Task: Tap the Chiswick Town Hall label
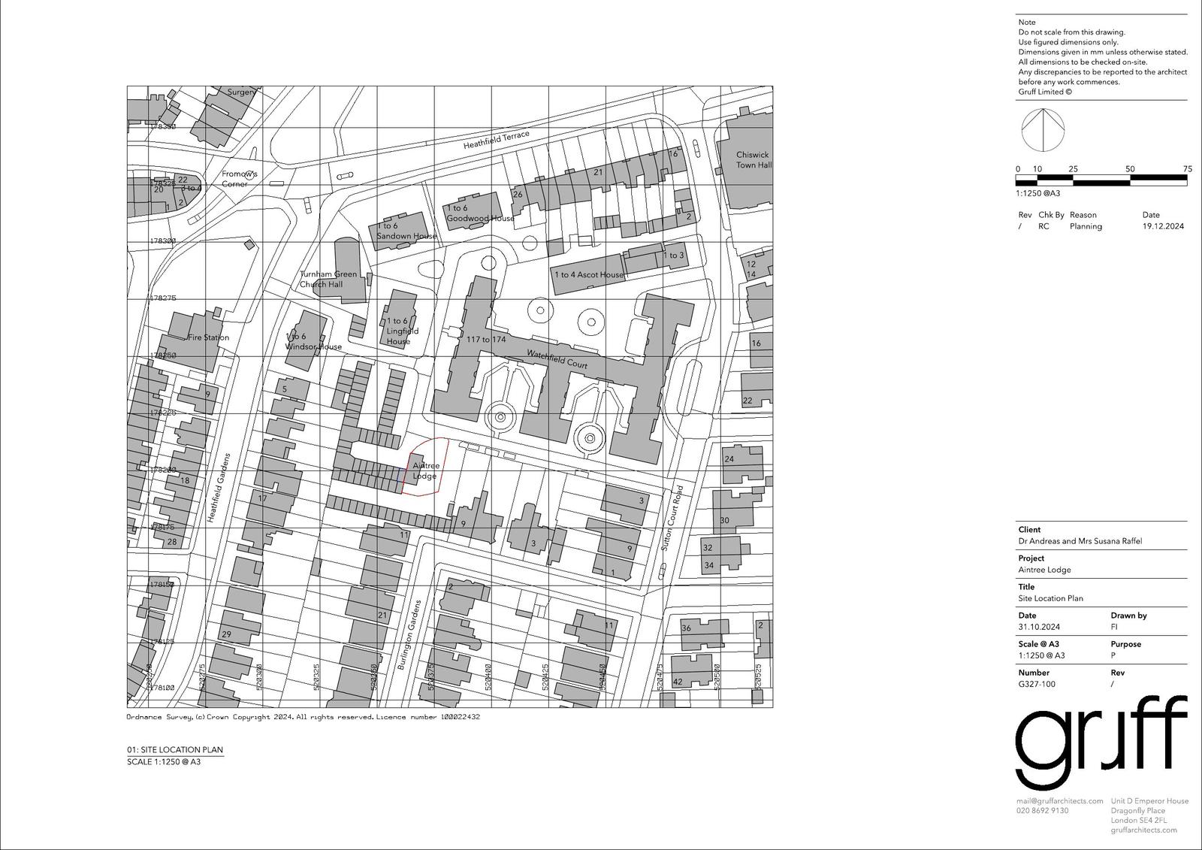coord(753,160)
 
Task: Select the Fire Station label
coord(208,337)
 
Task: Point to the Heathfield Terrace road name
coord(496,139)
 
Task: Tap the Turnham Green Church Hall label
coord(328,279)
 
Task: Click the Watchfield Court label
coord(557,359)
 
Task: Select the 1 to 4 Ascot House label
coord(589,275)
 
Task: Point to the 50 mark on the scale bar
coord(1130,169)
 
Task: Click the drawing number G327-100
coord(1037,684)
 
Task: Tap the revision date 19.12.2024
coord(1163,226)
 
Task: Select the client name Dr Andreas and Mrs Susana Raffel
coord(1080,541)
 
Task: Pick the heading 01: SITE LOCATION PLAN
coord(175,750)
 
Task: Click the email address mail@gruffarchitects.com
coord(1059,801)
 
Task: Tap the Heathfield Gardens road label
coord(217,489)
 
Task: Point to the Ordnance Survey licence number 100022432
coord(460,717)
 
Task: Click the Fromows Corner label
coord(240,179)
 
